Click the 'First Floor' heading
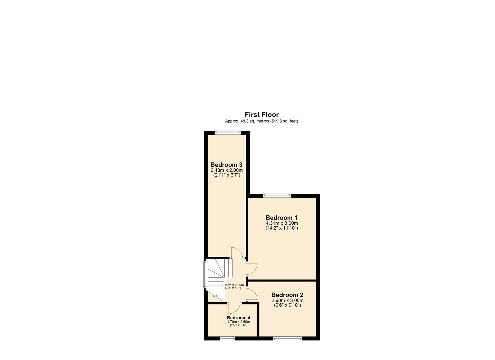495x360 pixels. [x=262, y=115]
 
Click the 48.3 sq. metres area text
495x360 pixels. [x=261, y=121]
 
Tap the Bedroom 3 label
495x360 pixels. [x=226, y=165]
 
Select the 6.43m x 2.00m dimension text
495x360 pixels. [x=226, y=170]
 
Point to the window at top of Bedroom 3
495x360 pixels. [x=227, y=132]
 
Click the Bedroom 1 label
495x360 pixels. [x=281, y=218]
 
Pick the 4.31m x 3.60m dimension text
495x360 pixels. [x=282, y=223]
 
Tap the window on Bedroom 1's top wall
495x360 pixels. [x=277, y=195]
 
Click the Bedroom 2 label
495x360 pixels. [x=287, y=295]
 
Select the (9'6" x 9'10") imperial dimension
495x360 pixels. [x=287, y=305]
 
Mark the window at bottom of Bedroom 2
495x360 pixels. [x=287, y=339]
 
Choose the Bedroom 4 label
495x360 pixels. [x=238, y=318]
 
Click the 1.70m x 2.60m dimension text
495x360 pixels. [x=238, y=322]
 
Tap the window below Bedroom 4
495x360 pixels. [x=227, y=339]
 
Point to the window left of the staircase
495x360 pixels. [x=205, y=274]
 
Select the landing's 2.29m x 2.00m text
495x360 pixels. [x=233, y=285]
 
